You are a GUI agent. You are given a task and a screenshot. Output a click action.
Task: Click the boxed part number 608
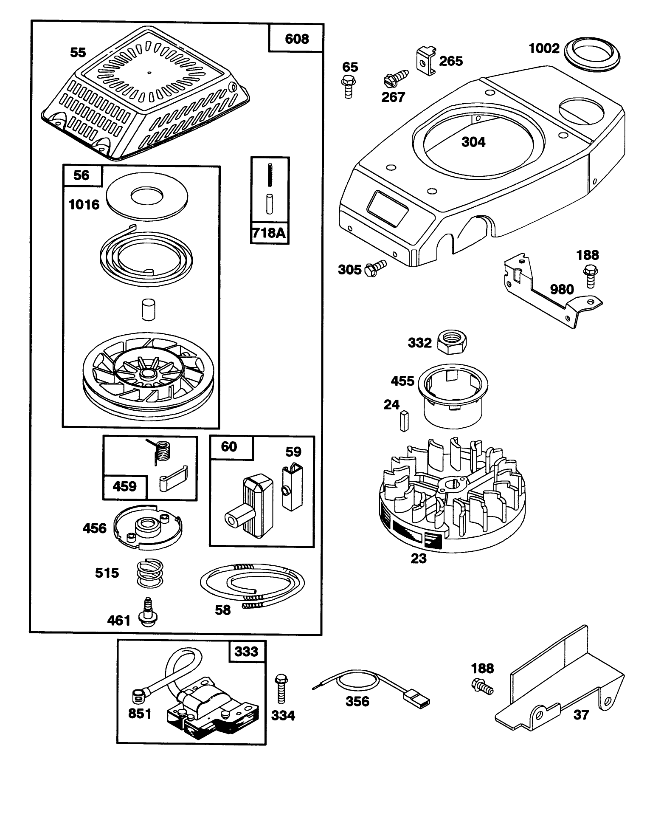click(x=296, y=39)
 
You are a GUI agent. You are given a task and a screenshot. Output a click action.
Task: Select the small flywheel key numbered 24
click(x=403, y=421)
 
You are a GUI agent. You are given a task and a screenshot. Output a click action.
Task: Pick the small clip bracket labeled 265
click(x=425, y=61)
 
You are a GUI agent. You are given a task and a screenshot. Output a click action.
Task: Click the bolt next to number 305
click(x=375, y=267)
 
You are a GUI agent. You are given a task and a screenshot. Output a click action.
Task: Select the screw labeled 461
click(x=148, y=613)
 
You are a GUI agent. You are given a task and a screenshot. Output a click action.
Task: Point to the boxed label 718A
click(x=270, y=233)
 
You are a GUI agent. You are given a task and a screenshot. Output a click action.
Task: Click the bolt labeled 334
click(x=281, y=689)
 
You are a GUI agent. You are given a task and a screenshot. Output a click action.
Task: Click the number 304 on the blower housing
click(x=473, y=142)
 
